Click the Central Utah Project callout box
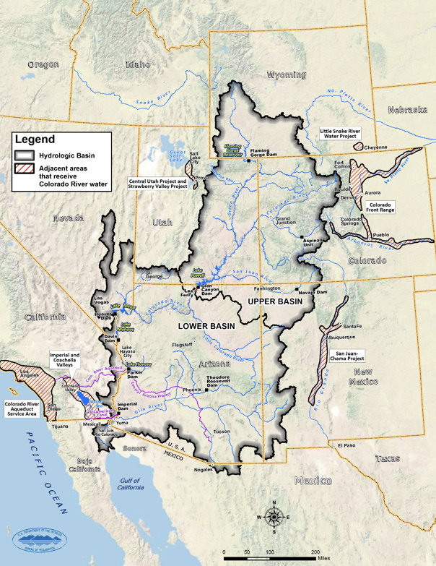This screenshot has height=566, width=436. tap(157, 184)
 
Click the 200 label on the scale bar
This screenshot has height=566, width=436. tap(315, 552)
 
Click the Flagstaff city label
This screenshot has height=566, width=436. tap(182, 345)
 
